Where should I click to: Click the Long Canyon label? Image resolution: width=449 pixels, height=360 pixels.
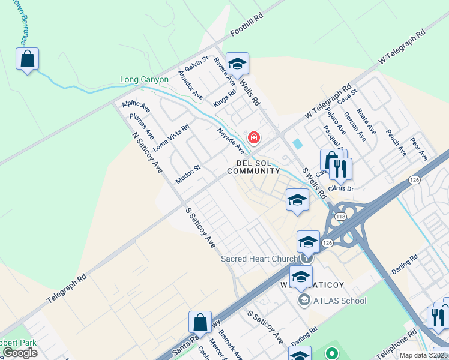(x=145, y=79)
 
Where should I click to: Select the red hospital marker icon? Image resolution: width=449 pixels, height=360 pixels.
(x=254, y=138)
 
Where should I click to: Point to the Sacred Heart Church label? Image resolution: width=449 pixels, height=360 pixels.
(x=259, y=259)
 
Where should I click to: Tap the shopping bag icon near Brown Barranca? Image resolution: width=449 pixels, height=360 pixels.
(x=27, y=59)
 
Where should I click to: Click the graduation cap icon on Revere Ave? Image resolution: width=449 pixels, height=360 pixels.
(x=237, y=64)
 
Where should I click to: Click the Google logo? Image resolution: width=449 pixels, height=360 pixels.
(x=20, y=353)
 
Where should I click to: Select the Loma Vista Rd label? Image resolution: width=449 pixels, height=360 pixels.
(x=171, y=137)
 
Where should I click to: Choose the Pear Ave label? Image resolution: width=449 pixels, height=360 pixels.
(x=418, y=149)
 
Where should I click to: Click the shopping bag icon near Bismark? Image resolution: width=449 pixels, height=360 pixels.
(x=200, y=322)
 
